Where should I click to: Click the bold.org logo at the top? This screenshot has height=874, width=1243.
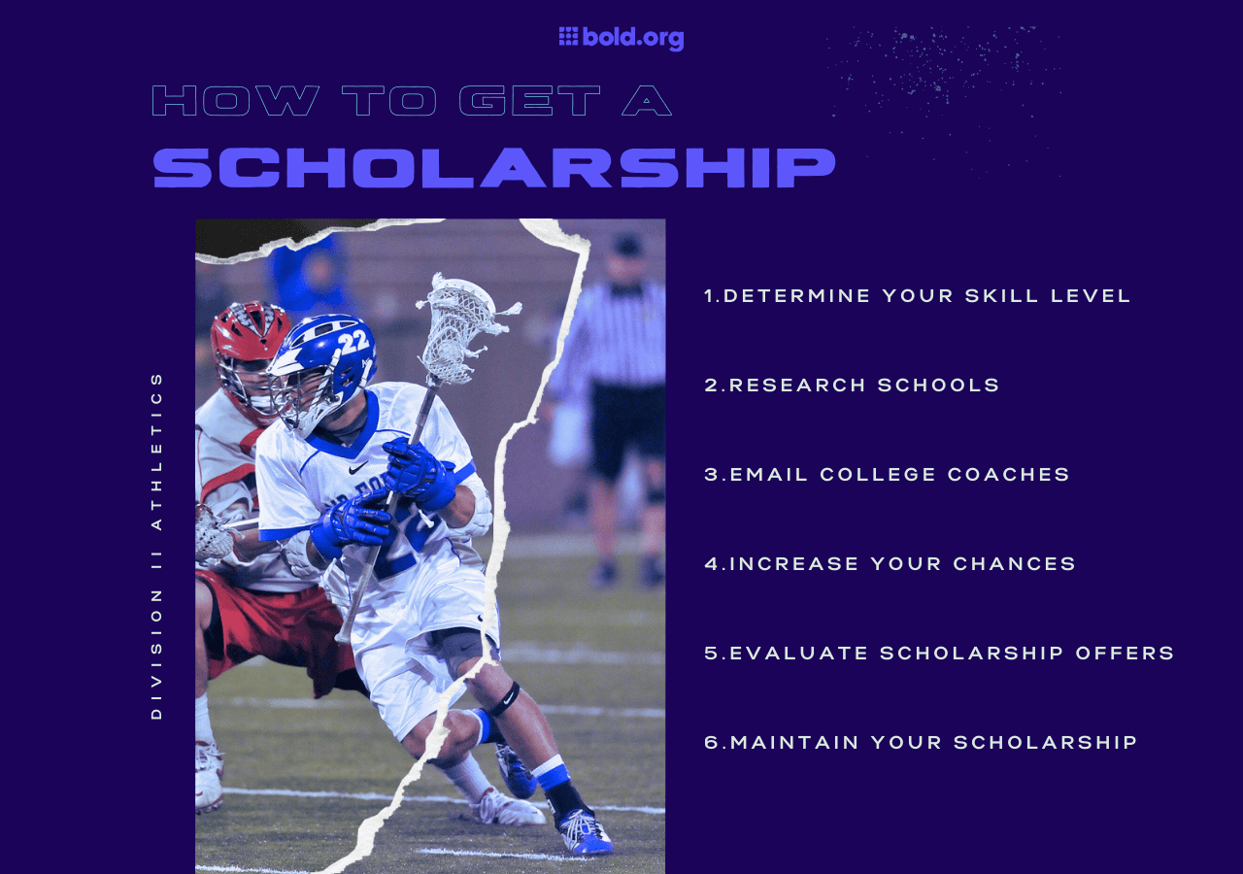pos(621,38)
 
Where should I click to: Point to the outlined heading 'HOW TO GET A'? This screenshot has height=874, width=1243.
pos(412,101)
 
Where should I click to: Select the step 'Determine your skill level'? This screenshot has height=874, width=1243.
pos(918,296)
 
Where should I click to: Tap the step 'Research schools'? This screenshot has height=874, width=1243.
pos(852,386)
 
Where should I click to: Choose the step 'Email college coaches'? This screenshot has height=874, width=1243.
pos(887,475)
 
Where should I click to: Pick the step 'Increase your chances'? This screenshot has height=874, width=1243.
pos(890,564)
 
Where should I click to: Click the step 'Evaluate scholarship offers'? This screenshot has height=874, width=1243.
pos(939,654)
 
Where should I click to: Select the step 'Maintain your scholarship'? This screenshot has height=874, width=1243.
pos(921,743)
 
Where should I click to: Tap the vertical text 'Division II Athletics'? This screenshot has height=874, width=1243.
pos(156,545)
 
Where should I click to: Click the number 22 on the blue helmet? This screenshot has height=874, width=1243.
pos(353,341)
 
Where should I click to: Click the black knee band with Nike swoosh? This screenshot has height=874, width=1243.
pos(504,698)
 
